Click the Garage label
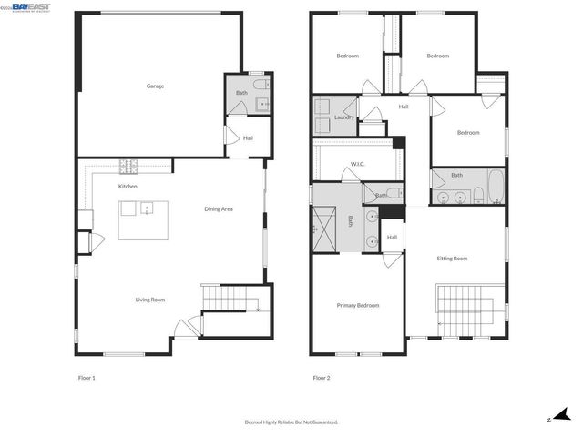pos(155,86)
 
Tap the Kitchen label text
pos(128,187)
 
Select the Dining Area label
pos(219,209)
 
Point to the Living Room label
pos(150,300)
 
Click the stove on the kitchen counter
pos(128,167)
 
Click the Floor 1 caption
pos(87,377)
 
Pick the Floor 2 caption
pos(322,377)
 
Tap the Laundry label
pos(344,117)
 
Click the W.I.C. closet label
pos(358,165)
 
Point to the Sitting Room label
pos(453,259)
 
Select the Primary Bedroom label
pos(358,305)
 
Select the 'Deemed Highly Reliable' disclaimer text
pos(291,422)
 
